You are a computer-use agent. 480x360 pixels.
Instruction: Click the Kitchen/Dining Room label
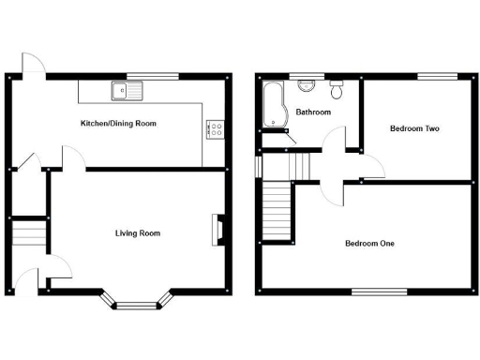tap(118, 123)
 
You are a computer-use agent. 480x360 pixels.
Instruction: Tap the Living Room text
tap(138, 232)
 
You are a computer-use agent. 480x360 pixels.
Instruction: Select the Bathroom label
tap(312, 112)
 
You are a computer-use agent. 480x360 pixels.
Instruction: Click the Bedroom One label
tap(369, 244)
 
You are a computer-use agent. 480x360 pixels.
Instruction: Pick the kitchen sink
tap(125, 91)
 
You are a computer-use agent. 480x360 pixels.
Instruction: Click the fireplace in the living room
tap(217, 229)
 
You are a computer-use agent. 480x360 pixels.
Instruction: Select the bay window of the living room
tap(138, 300)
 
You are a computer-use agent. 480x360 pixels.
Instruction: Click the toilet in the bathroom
tap(337, 90)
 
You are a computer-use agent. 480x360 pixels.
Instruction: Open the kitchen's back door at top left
tap(33, 64)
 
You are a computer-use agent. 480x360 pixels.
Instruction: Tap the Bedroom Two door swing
tap(373, 166)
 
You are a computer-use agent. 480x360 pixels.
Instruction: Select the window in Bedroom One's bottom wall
tap(380, 292)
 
